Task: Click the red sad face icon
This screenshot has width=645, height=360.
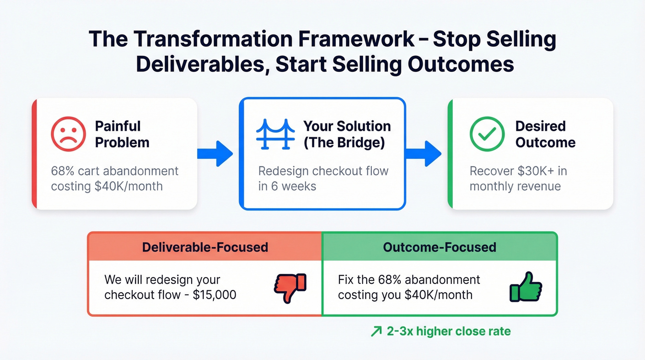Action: tap(68, 134)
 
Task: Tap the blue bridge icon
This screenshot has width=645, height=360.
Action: tap(275, 134)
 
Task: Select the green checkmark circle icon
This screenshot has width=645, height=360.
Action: tap(487, 134)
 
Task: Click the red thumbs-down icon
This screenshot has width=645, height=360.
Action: tap(290, 288)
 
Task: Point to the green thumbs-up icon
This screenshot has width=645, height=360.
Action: tap(526, 287)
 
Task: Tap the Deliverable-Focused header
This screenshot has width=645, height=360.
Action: tap(205, 247)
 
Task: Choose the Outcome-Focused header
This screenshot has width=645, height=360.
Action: tap(440, 247)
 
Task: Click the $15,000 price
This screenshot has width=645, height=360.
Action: tap(214, 295)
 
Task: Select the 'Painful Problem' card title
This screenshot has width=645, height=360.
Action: tap(122, 134)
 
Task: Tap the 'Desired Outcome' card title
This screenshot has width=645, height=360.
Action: tap(545, 134)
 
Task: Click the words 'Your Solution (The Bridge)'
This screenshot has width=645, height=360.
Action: tap(346, 134)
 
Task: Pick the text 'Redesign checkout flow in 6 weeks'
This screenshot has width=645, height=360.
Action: tap(323, 179)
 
